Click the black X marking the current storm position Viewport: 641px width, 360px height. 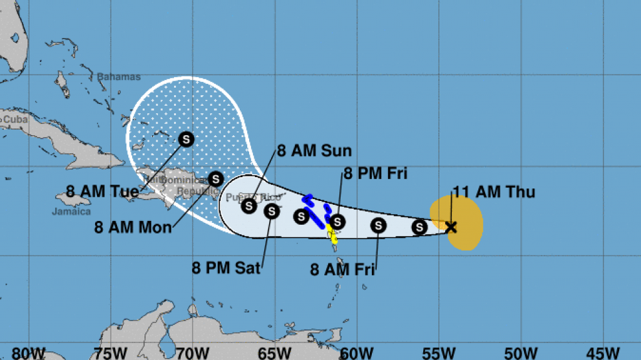pyautogui.click(x=451, y=227)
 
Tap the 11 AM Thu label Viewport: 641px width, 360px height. pyautogui.click(x=494, y=192)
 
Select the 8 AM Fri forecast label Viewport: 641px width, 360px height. pyautogui.click(x=342, y=270)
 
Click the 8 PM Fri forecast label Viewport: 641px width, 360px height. pyautogui.click(x=375, y=173)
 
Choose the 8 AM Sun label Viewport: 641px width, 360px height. pyautogui.click(x=314, y=151)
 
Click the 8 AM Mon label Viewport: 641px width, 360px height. pyautogui.click(x=133, y=227)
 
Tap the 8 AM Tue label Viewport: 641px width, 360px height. pyautogui.click(x=102, y=191)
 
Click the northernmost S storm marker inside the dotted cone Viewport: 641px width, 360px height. pyautogui.click(x=186, y=139)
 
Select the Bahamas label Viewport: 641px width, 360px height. pyautogui.click(x=118, y=77)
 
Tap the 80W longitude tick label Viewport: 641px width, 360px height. pyautogui.click(x=28, y=352)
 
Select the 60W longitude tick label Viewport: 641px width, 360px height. pyautogui.click(x=356, y=352)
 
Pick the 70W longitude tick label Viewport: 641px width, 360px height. pyautogui.click(x=192, y=352)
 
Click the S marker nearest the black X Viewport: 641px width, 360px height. pyautogui.click(x=419, y=227)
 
